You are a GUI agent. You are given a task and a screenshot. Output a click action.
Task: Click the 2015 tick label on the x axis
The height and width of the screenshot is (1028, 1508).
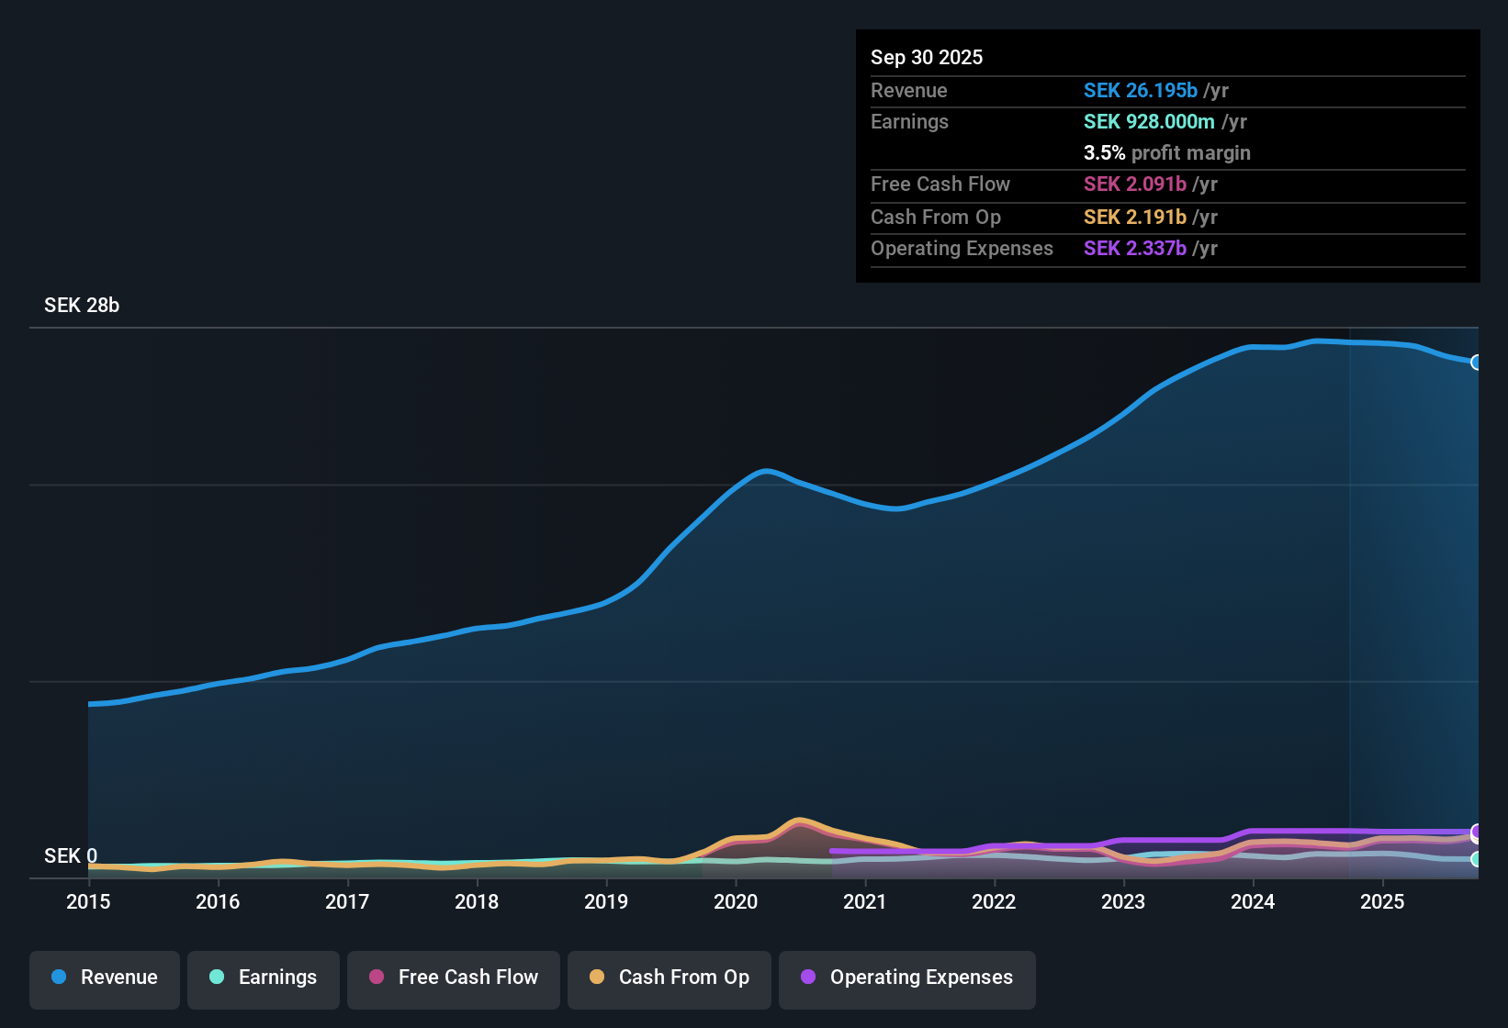pos(88,901)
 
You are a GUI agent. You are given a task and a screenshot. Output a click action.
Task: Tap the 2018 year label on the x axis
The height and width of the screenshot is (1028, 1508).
pos(477,901)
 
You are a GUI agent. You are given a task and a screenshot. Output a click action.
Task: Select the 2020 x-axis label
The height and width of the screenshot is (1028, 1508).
pos(736,901)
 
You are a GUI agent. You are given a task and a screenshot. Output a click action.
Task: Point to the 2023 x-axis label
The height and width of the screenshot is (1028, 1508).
pos(1123,901)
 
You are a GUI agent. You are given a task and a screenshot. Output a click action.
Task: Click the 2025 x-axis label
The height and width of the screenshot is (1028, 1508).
pos(1382,901)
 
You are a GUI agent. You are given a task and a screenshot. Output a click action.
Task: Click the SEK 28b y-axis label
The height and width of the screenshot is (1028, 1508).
pos(82,305)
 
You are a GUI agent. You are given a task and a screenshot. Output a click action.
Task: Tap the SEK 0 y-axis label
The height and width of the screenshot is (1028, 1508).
pos(71,855)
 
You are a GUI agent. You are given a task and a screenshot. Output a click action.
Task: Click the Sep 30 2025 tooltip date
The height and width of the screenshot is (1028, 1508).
pos(927,57)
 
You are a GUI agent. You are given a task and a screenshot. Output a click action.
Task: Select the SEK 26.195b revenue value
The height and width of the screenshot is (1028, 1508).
pos(1141,90)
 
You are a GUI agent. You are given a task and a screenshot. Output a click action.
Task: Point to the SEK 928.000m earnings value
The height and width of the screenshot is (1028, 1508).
pos(1149,121)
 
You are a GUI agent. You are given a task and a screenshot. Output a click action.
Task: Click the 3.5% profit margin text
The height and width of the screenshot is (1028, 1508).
pos(1167,152)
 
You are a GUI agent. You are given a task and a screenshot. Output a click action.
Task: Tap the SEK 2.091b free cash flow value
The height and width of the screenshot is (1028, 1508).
pos(1135,184)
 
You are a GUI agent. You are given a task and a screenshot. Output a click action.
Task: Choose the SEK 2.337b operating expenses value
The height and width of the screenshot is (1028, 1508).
pos(1135,248)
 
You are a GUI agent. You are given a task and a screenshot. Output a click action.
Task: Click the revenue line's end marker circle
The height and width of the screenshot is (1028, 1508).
pos(1476,363)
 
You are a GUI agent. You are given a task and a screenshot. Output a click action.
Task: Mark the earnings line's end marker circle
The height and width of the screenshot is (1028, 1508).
pos(1476,859)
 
